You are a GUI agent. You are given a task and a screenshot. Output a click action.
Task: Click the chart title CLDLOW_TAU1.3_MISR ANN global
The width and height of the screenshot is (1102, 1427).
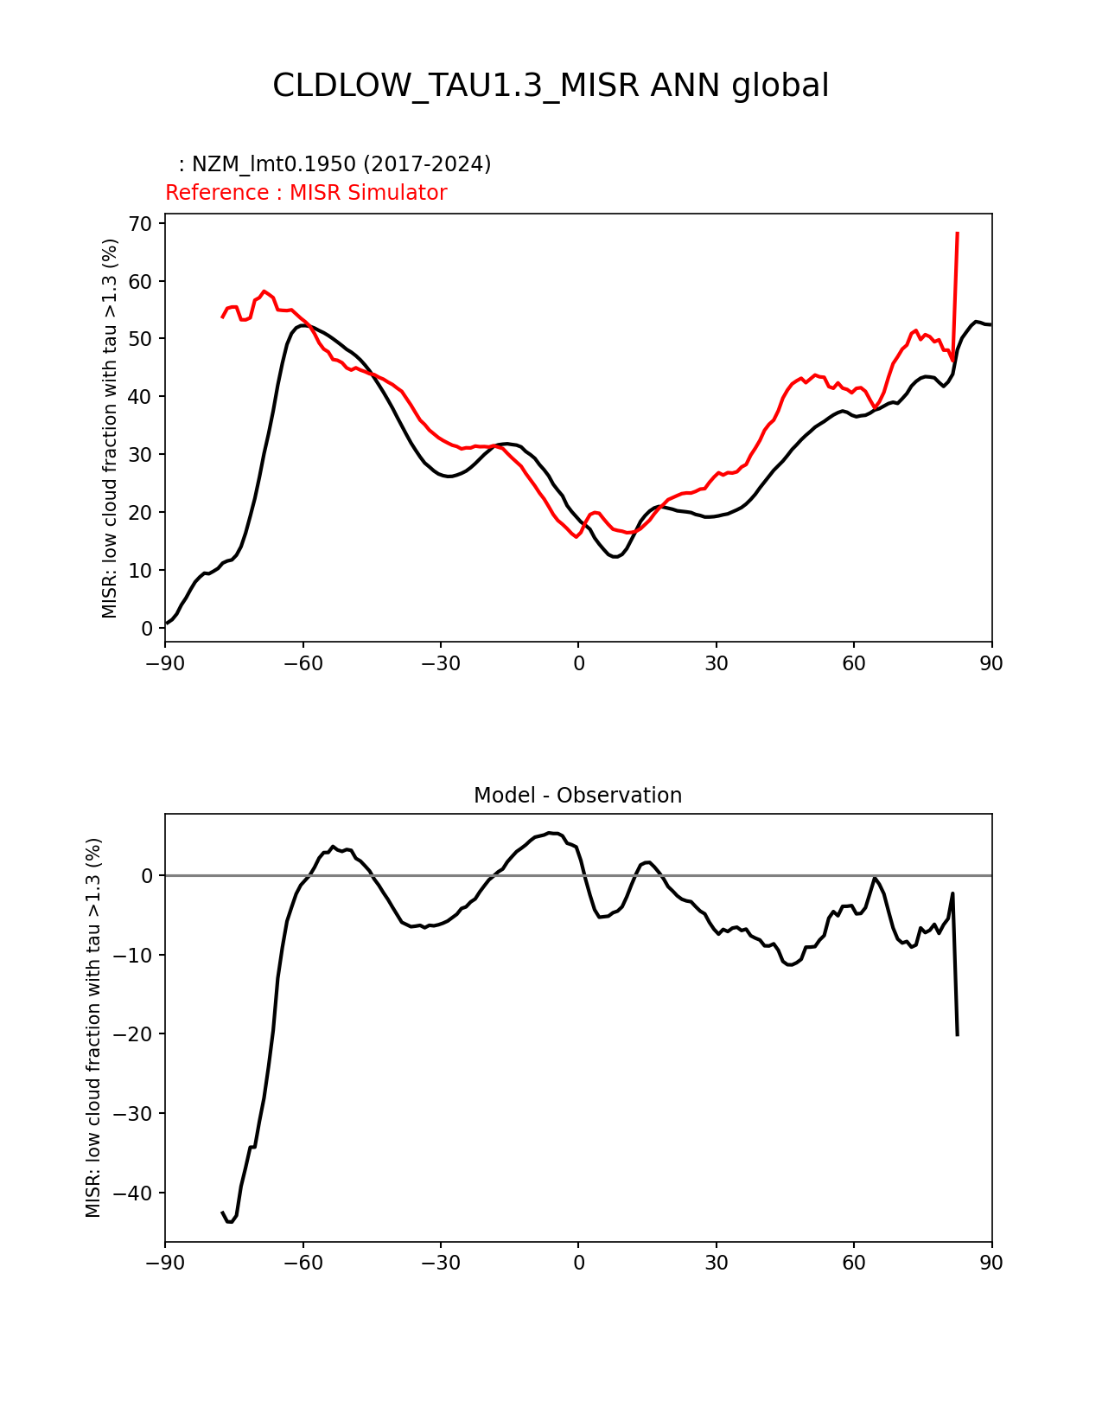point(551,86)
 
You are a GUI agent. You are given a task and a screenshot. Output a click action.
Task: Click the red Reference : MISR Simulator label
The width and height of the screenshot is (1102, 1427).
point(306,193)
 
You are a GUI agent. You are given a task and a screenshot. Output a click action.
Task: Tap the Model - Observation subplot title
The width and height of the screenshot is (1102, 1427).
point(577,796)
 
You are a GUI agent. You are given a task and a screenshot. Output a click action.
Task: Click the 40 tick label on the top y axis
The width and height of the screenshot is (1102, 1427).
point(141,397)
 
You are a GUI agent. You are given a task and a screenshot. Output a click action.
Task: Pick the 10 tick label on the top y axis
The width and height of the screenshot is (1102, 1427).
point(141,571)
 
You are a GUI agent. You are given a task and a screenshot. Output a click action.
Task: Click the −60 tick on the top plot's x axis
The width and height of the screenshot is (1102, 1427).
point(303,663)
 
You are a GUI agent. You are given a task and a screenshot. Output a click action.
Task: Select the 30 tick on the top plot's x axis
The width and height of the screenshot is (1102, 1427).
point(716,663)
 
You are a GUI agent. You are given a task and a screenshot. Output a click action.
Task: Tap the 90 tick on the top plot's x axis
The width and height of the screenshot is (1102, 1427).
point(991,663)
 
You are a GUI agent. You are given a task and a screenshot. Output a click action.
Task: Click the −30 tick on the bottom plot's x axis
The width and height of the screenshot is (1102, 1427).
point(440,1263)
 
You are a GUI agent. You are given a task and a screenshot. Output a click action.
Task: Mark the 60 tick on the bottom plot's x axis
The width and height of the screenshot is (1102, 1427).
point(854,1263)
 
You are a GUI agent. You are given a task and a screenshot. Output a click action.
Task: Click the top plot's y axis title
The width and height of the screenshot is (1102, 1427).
point(110,428)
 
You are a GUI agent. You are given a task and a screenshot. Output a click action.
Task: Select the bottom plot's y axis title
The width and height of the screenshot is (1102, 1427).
point(93,1027)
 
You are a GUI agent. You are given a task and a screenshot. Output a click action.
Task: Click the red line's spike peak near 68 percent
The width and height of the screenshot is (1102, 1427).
point(958,233)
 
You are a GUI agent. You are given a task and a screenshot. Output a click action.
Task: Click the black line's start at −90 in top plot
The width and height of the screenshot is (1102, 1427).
point(166,624)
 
